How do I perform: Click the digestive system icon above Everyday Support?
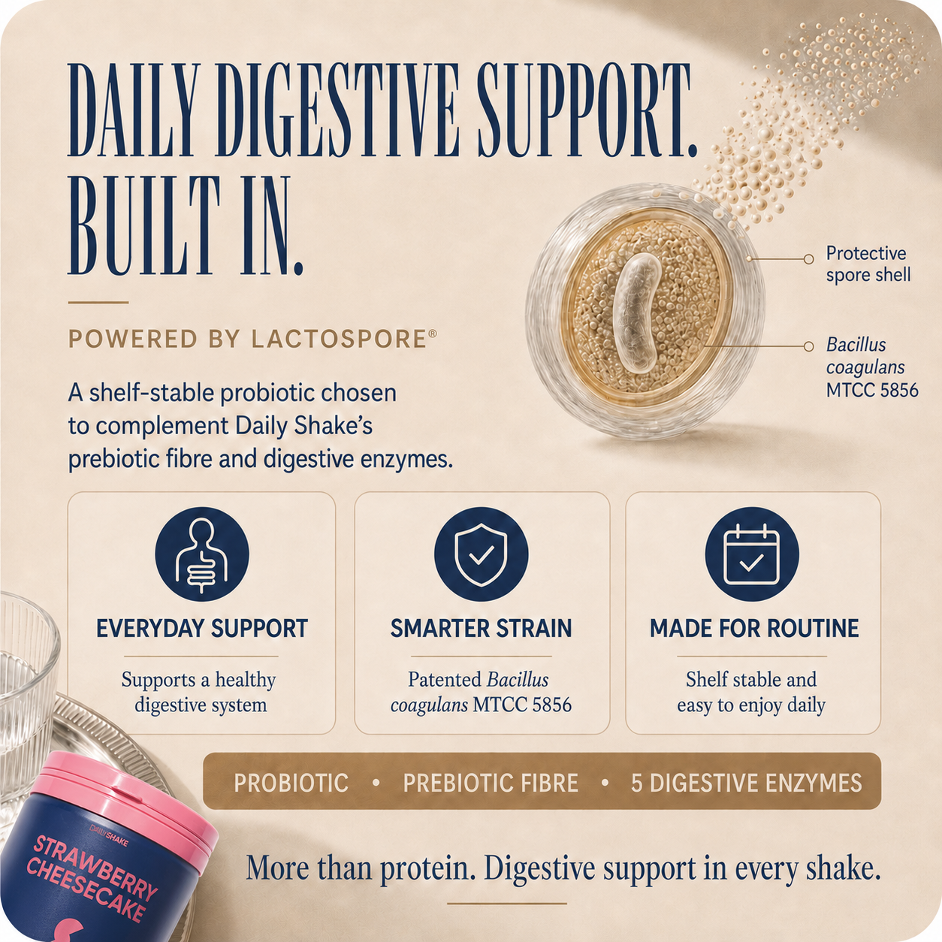[x=202, y=554]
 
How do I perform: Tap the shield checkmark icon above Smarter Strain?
[x=481, y=554]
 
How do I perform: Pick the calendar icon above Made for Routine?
[x=751, y=554]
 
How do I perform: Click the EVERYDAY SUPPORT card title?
[x=202, y=629]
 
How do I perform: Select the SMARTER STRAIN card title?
[x=481, y=629]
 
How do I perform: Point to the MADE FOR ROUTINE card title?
[x=753, y=629]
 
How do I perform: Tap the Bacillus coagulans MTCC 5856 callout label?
[x=872, y=367]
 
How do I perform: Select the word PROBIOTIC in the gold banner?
[x=291, y=783]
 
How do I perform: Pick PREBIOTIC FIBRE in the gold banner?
[x=491, y=783]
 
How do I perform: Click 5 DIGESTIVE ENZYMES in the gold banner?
[x=746, y=783]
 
